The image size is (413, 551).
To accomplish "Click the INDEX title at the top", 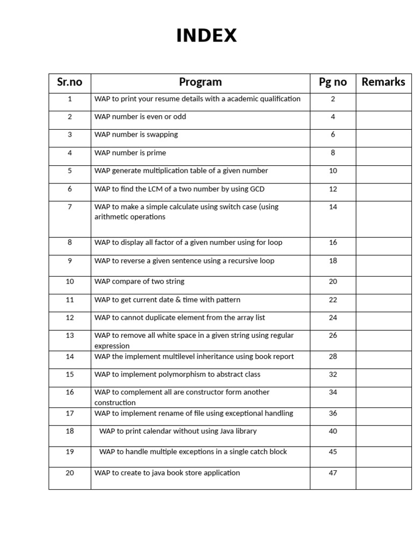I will point(206,36).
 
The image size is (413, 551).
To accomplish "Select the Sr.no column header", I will point(70,82).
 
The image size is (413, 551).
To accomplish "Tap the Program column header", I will point(200,82).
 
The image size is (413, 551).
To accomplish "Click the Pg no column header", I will point(333,82).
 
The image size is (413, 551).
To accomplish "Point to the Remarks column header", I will point(383,82).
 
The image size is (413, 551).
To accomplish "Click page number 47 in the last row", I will point(333,473).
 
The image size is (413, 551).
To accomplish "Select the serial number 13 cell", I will point(70,336).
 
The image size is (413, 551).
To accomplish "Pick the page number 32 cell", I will point(333,375).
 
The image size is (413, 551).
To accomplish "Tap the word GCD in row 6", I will point(257,189).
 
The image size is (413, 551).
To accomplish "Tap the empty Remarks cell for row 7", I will point(383,219).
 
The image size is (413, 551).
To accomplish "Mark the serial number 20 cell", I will point(70,473).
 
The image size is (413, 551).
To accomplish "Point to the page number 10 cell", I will point(333,171).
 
